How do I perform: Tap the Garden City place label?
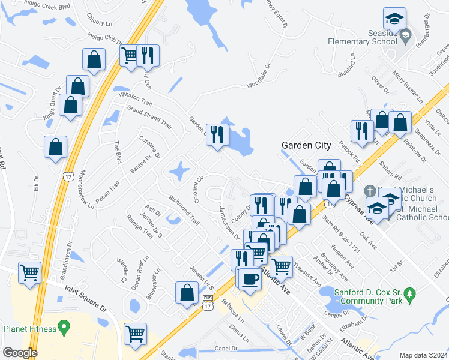click(x=306, y=145)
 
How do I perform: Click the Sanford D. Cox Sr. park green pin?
click(x=410, y=295)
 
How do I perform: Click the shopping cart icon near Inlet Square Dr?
click(x=30, y=273)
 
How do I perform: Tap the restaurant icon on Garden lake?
click(x=217, y=134)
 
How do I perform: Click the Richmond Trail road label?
click(x=184, y=209)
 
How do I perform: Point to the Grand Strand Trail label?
click(x=148, y=115)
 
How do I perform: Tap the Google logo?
click(x=20, y=353)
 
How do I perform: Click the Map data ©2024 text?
click(x=423, y=355)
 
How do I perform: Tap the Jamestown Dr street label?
click(x=229, y=223)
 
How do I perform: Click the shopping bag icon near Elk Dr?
click(x=55, y=147)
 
